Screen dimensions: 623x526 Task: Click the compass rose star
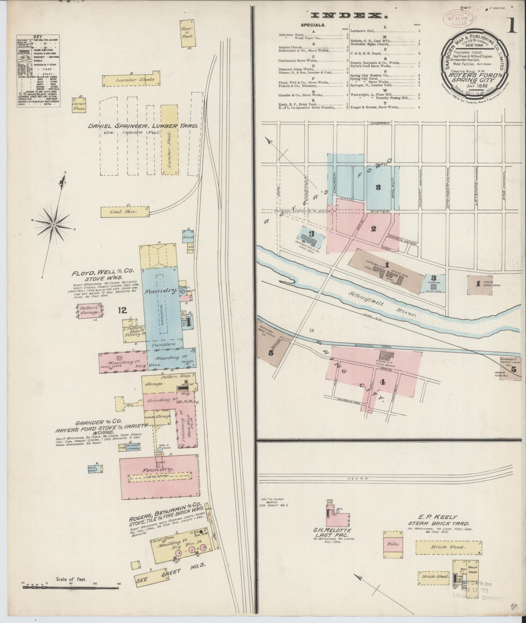point(53,225)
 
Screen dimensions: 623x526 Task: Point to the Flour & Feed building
point(188,34)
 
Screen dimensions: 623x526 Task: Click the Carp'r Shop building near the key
point(79,104)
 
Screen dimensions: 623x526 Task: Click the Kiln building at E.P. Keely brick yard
point(392,544)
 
